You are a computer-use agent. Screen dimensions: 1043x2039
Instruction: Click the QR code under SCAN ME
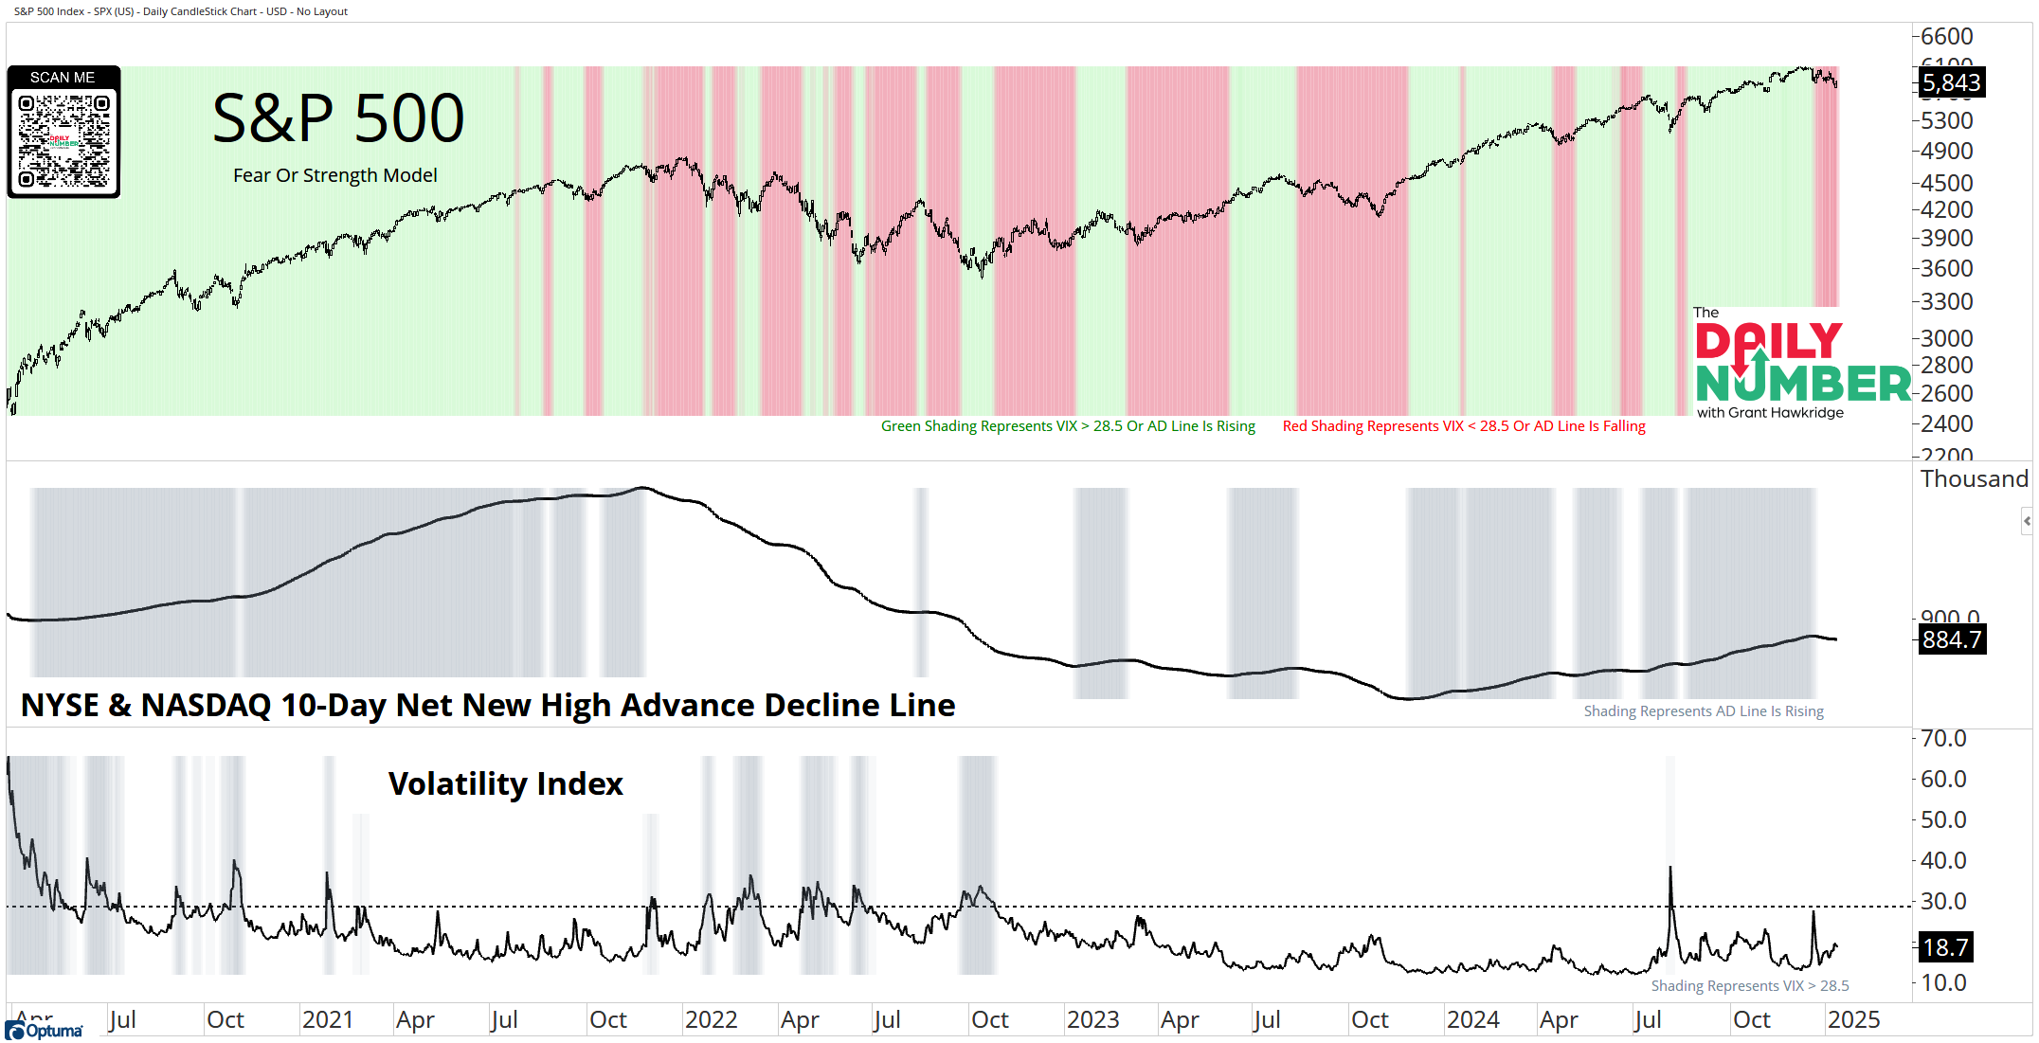tap(63, 140)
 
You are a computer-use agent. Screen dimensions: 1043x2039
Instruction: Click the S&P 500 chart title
tap(338, 119)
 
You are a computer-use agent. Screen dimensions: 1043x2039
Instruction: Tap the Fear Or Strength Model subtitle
tap(335, 175)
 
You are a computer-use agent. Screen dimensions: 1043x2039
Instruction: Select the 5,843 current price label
tap(1951, 83)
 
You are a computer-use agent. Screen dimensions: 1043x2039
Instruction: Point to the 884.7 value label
tap(1951, 640)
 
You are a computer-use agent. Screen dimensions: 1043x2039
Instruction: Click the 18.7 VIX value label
tap(1946, 946)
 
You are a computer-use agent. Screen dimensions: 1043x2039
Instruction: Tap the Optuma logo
tap(45, 1031)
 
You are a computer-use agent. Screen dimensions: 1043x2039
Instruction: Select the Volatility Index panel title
tap(505, 784)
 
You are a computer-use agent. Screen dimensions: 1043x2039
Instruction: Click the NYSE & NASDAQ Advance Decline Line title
tap(488, 706)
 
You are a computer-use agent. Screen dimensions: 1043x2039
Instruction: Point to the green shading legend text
tap(1068, 426)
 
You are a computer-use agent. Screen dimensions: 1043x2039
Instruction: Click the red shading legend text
tap(1464, 426)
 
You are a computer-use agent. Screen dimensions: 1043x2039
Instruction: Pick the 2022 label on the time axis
tap(711, 1019)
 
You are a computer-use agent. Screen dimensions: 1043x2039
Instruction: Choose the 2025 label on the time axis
tap(1853, 1019)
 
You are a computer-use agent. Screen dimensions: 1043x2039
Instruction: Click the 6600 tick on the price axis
tap(1946, 36)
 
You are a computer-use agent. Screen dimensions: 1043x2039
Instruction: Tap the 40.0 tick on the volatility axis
tap(1943, 860)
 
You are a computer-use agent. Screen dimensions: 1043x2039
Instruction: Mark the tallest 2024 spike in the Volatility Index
tap(1670, 868)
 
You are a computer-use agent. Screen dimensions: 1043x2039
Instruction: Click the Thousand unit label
tap(1975, 479)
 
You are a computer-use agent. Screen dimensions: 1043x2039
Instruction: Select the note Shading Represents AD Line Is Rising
tap(1704, 711)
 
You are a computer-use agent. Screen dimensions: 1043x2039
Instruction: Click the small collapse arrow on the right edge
tap(2027, 521)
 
